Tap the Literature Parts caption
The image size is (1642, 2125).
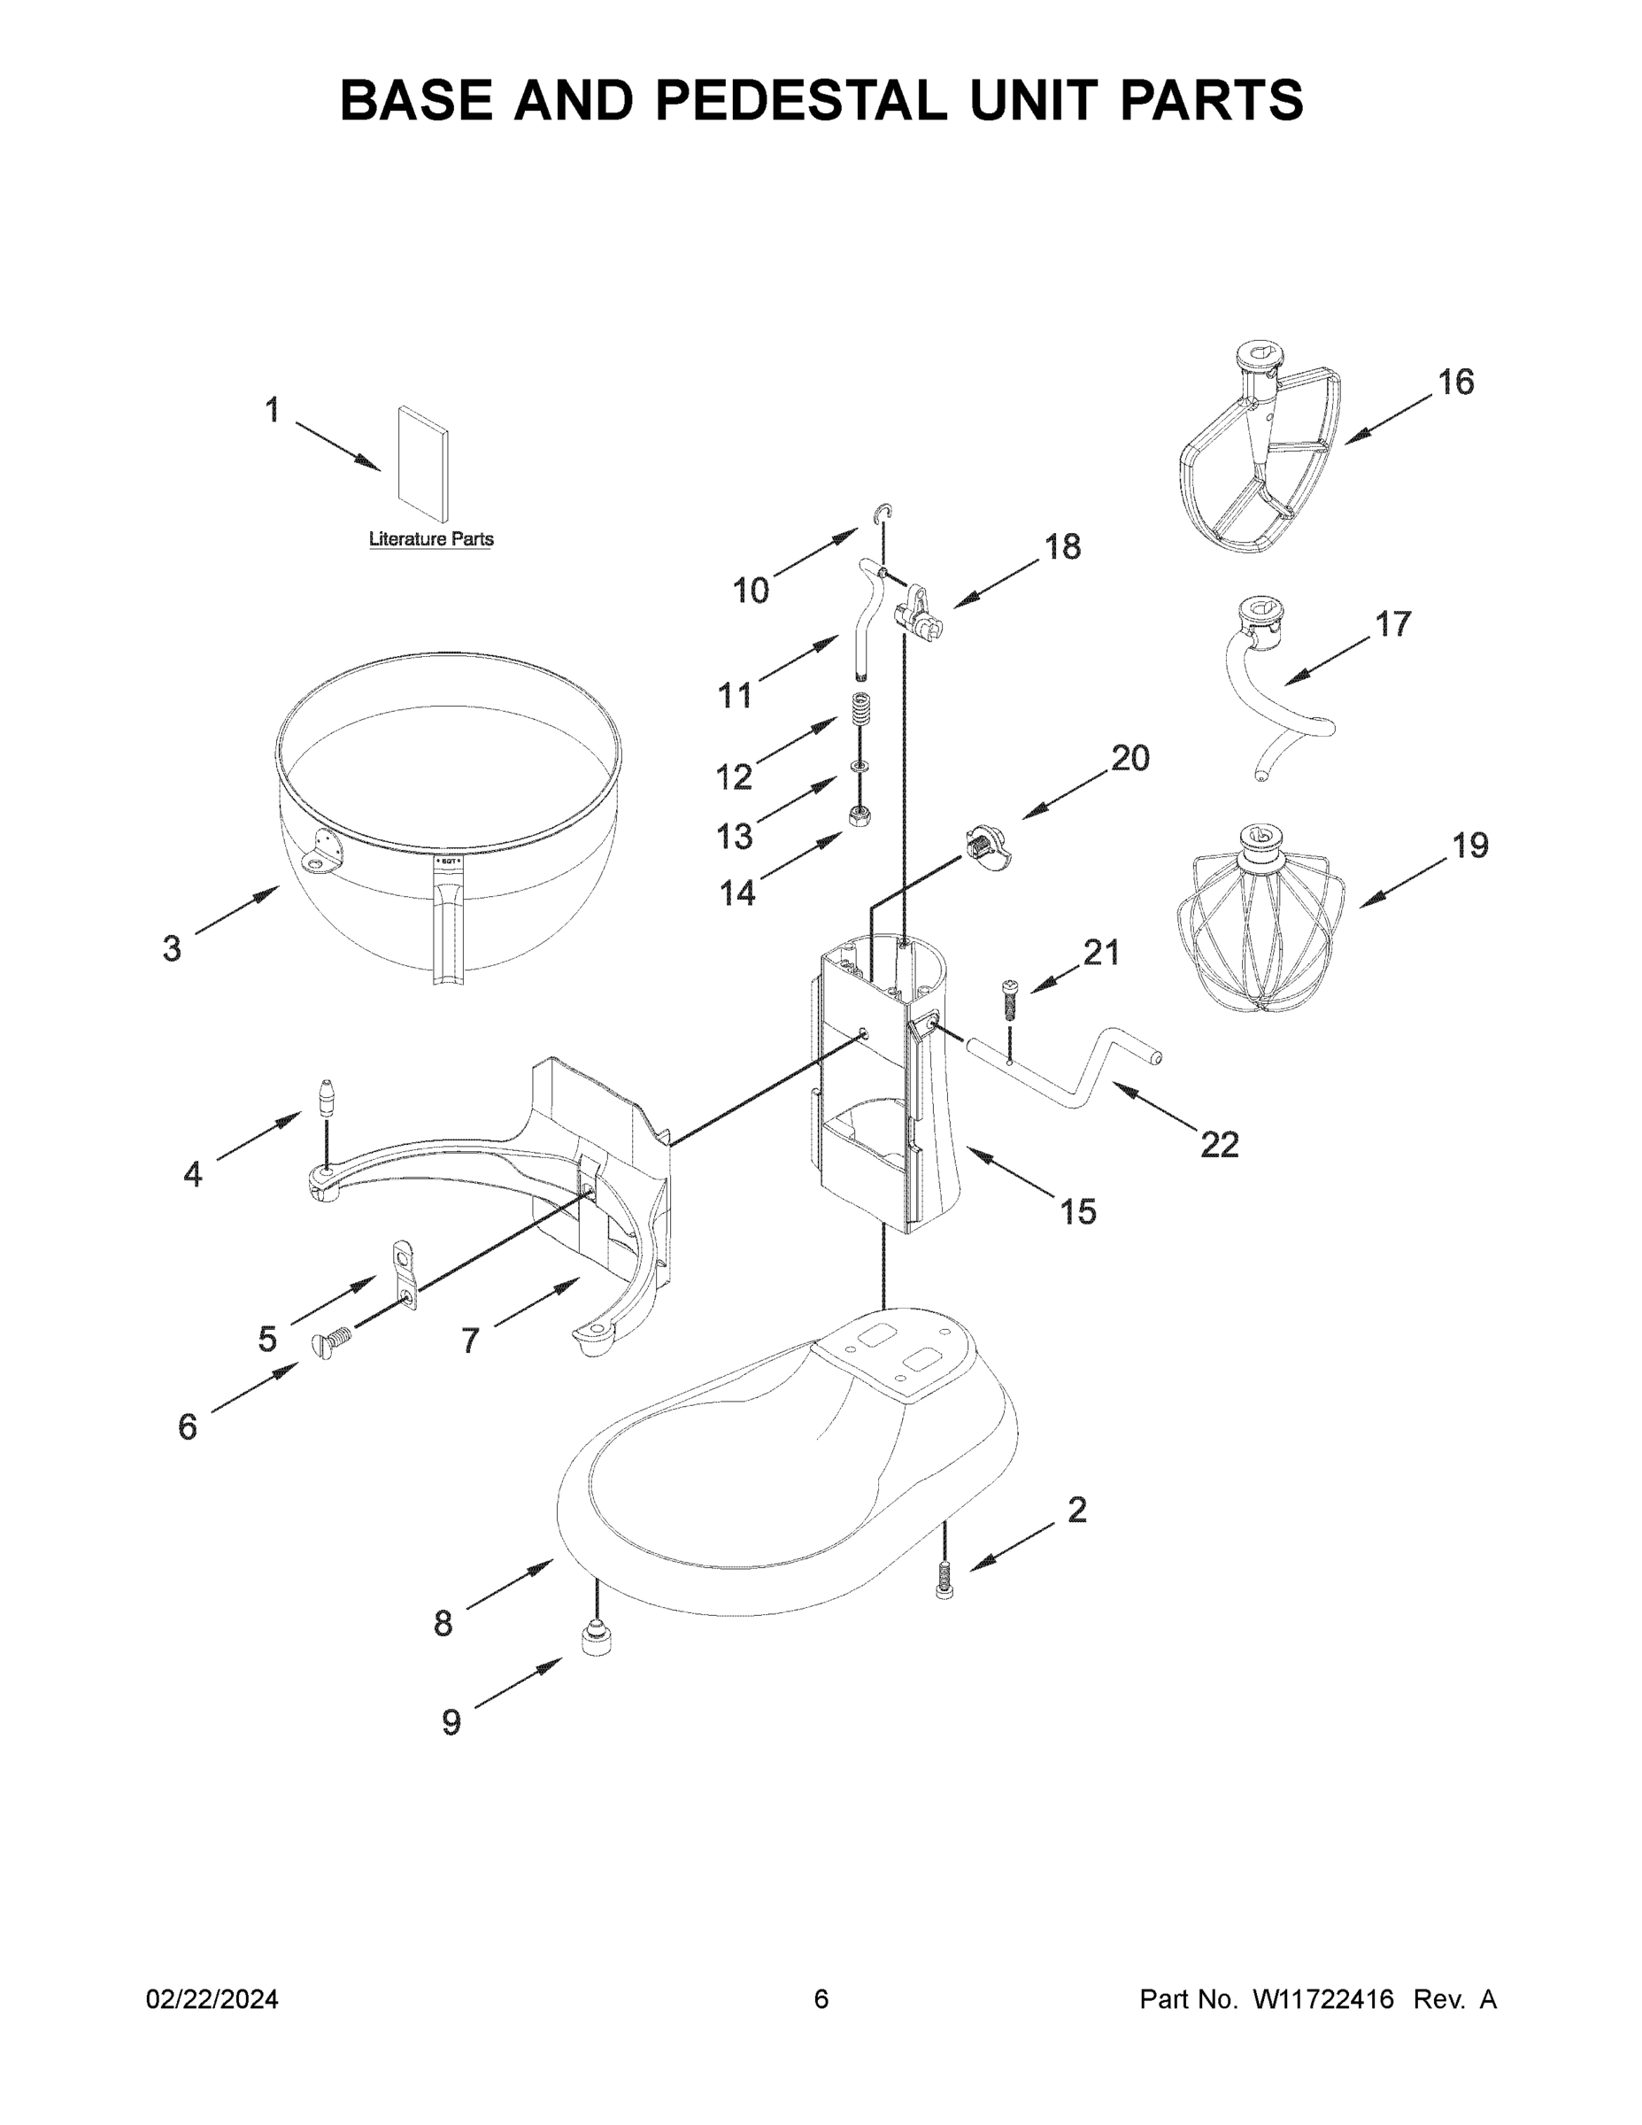coord(431,539)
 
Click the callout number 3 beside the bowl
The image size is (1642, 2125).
coord(173,947)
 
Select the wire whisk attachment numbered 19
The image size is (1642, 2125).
coord(1260,919)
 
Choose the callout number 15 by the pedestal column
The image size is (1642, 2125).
coord(1078,1212)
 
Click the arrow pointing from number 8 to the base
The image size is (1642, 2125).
coord(511,1581)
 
